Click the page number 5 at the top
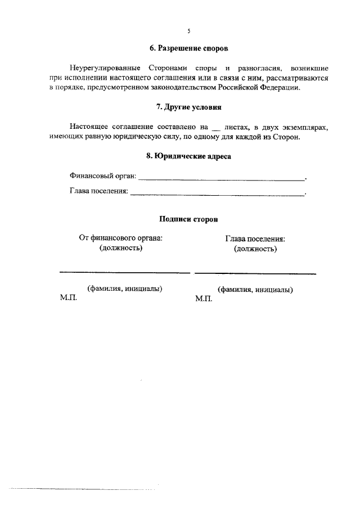coord(188,31)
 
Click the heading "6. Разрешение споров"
coord(188,49)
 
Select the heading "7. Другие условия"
coord(188,107)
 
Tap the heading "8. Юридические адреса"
coord(188,157)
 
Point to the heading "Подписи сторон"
coord(188,219)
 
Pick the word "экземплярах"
coord(306,127)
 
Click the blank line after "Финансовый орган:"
coord(221,179)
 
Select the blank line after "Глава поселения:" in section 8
coord(217,195)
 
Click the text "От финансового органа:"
coord(121,238)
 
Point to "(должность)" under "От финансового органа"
coord(121,248)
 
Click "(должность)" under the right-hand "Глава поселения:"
coord(255,249)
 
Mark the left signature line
coord(124,273)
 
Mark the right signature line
coord(255,273)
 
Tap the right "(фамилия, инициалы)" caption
coord(255,290)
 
